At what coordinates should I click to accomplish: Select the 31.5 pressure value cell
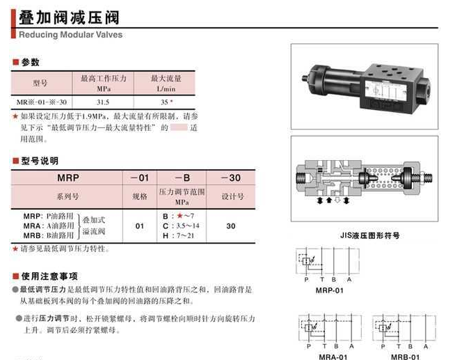103,101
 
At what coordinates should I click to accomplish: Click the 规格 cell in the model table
139,196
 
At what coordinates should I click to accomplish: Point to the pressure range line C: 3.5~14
180,226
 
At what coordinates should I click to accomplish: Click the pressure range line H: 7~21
177,235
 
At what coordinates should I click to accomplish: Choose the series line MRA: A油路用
48,226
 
